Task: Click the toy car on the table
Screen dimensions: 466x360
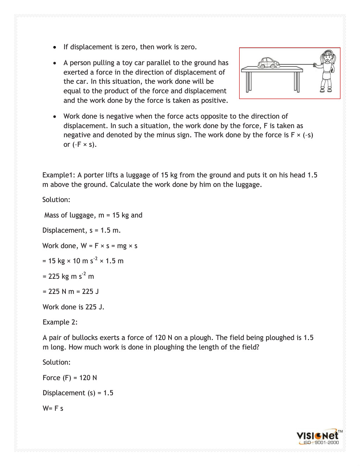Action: (x=269, y=63)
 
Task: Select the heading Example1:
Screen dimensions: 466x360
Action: (x=59, y=175)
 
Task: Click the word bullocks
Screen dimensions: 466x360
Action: (x=85, y=338)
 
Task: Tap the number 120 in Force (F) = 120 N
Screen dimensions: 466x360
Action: (x=85, y=378)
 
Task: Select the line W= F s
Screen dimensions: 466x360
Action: (x=53, y=409)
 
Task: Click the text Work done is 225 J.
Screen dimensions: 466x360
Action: (x=74, y=307)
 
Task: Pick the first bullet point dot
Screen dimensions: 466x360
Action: (x=55, y=47)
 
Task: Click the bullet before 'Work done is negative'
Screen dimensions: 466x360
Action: (x=55, y=116)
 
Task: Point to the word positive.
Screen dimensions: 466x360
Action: (x=214, y=101)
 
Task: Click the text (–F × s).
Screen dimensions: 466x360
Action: (x=84, y=145)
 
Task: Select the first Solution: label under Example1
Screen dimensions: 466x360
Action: (x=56, y=200)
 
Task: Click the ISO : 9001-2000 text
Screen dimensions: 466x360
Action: (x=321, y=443)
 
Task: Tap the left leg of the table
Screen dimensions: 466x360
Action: (x=248, y=82)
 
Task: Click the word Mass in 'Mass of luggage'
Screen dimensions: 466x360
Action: (x=51, y=215)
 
